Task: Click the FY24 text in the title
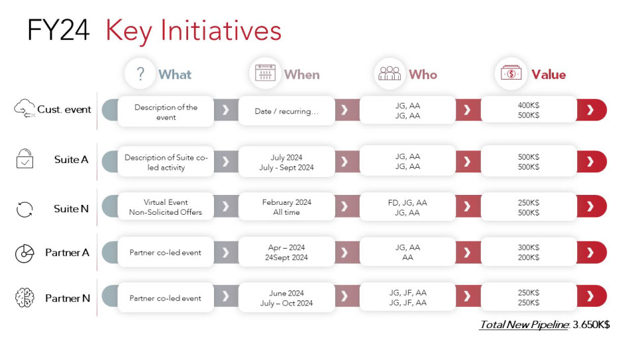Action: point(58,30)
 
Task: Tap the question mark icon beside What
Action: point(140,74)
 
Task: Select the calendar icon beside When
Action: point(265,73)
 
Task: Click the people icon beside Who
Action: point(390,73)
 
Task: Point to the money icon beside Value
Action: point(511,73)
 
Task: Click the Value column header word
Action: point(549,74)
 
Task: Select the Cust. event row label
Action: point(64,109)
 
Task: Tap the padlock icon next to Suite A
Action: point(25,158)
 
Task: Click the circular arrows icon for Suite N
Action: point(25,209)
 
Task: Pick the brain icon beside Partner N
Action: point(25,298)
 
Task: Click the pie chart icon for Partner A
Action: point(25,253)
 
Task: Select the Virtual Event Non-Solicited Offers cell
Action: point(166,207)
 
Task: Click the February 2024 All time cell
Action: point(287,207)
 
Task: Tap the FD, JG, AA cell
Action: point(407,207)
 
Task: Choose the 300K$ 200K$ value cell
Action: point(529,252)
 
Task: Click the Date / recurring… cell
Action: point(287,111)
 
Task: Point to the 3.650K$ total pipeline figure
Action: point(591,324)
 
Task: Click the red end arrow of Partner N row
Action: point(592,296)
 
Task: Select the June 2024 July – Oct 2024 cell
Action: point(287,298)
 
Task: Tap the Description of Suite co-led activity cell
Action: point(166,162)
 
